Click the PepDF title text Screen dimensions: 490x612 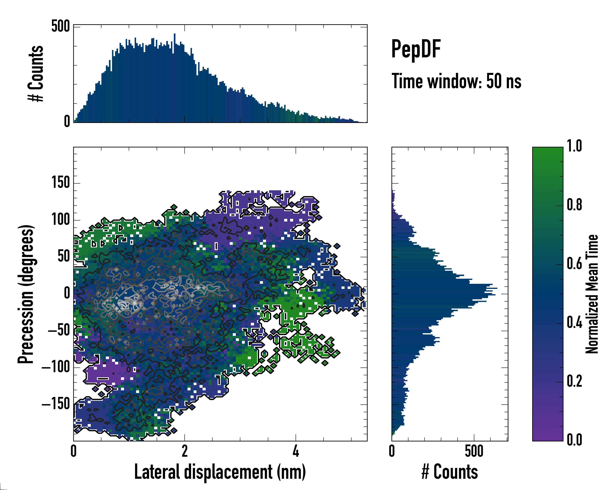coord(416,49)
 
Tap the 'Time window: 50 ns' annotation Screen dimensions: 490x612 coord(456,81)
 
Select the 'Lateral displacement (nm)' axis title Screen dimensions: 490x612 coord(220,472)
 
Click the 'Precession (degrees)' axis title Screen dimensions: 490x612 coord(26,294)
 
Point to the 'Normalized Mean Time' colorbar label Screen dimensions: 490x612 coord(592,294)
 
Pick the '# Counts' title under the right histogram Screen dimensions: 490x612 coord(450,472)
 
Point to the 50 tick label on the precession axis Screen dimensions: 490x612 coord(64,256)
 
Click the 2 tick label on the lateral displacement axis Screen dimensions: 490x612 coord(185,451)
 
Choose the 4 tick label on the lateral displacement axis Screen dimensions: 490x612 coord(296,451)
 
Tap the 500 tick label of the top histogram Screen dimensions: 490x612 coord(60,27)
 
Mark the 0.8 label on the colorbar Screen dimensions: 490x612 coord(574,205)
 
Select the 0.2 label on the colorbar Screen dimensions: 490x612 coord(574,381)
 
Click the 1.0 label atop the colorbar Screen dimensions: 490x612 coord(574,146)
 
